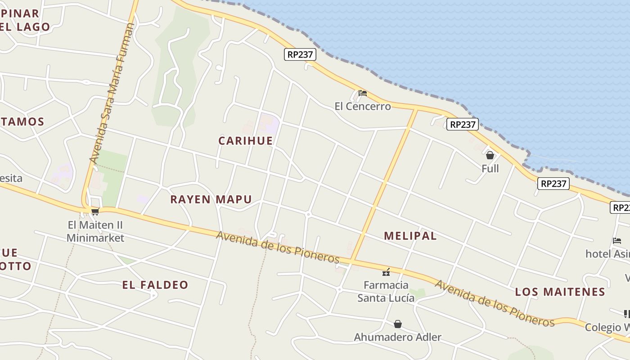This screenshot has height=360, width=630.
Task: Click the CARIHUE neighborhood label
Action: (x=246, y=141)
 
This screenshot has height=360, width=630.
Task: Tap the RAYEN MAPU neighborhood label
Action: (x=211, y=199)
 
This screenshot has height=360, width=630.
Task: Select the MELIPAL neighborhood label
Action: (x=410, y=236)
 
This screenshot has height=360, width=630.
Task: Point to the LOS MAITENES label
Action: (x=560, y=292)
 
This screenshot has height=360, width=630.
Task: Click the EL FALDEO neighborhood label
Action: (x=155, y=285)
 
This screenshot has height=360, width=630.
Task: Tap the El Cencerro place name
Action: (x=363, y=107)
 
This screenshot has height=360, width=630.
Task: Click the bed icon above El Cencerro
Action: (x=363, y=93)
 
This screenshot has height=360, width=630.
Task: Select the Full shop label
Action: (x=490, y=169)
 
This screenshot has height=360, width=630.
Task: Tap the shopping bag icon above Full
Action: (x=490, y=155)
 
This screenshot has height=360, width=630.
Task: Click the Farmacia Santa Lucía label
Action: (x=386, y=291)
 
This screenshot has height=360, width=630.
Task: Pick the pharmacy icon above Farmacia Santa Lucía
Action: (x=386, y=272)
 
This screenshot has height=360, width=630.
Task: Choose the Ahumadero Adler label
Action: (x=398, y=337)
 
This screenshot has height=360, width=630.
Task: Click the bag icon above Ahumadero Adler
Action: (x=398, y=324)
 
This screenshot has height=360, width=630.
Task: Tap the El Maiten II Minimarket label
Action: (x=95, y=231)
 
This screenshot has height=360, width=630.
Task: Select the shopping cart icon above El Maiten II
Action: (x=95, y=211)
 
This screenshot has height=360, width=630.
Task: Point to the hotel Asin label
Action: (x=607, y=254)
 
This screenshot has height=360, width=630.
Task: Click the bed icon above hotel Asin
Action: (x=617, y=241)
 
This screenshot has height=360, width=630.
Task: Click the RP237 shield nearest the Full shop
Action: (x=463, y=124)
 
